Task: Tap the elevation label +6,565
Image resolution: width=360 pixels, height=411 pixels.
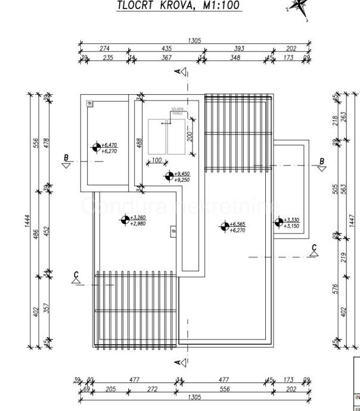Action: pos(238,224)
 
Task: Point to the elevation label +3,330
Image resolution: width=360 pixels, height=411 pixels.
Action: pos(291,220)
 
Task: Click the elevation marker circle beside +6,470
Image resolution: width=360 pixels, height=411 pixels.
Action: pos(96,147)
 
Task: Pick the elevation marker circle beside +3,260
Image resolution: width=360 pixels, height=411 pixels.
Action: pos(125,220)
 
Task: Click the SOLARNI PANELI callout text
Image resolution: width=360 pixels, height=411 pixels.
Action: pos(178,111)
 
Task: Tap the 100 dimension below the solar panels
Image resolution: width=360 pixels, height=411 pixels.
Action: pos(157,160)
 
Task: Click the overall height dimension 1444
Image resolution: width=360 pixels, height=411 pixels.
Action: pos(29,220)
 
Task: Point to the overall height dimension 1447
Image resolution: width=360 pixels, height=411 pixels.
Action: pos(353,219)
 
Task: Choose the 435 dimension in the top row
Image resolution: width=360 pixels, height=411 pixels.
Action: pos(166,48)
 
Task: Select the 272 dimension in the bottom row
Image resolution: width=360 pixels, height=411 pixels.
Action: pos(152,389)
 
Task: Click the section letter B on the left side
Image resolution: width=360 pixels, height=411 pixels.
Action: pos(67,158)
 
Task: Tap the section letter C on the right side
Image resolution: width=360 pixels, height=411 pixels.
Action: pos(315,247)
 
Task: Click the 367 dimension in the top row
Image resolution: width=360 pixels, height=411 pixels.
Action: pos(166,57)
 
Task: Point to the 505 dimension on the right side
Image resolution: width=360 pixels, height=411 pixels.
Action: pos(336,189)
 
